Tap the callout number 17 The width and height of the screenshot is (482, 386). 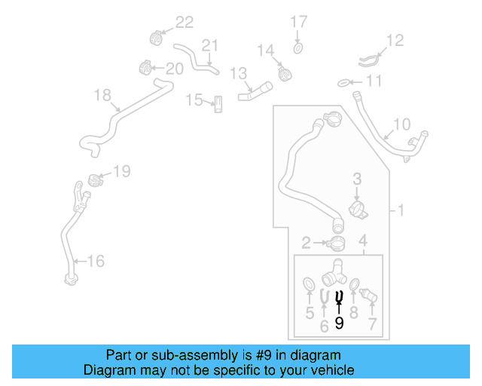[x=299, y=21]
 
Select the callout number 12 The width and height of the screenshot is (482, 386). [x=395, y=40]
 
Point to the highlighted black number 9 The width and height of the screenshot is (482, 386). [x=339, y=323]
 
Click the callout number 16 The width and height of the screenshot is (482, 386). [x=96, y=262]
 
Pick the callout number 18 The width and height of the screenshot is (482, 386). [x=102, y=95]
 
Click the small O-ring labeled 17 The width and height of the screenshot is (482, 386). [x=298, y=48]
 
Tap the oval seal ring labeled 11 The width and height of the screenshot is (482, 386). [x=343, y=81]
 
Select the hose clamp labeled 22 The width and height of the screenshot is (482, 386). [x=155, y=37]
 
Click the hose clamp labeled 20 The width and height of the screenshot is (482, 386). [x=147, y=68]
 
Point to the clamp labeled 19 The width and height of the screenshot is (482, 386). [x=94, y=180]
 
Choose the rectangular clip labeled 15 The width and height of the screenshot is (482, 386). [x=218, y=104]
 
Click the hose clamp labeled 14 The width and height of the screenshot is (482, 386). [x=285, y=74]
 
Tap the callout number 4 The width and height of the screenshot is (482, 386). [x=363, y=241]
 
